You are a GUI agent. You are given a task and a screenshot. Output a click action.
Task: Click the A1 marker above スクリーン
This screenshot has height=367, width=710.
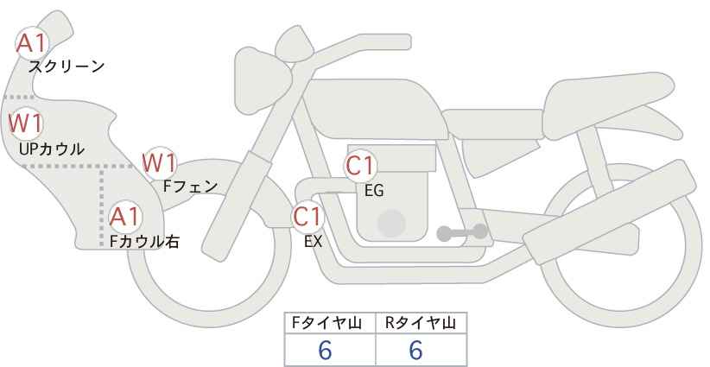coord(32,44)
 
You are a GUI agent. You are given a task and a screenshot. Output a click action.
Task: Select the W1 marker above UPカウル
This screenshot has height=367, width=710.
coord(26,123)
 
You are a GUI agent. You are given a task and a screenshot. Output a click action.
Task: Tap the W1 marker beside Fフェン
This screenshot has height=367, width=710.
coord(159,163)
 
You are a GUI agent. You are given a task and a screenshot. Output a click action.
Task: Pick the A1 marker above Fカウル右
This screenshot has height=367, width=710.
coord(125,218)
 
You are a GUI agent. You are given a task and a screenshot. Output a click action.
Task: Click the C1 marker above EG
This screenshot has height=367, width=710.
coord(360,166)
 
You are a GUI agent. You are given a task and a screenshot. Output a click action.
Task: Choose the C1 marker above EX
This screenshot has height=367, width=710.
coord(307,217)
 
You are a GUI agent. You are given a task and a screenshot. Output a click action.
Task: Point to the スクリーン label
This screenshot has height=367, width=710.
coord(67,67)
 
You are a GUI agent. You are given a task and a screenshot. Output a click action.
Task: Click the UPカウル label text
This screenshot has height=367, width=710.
coord(52,149)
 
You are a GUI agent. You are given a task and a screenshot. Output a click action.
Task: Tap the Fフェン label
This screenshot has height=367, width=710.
coord(190,187)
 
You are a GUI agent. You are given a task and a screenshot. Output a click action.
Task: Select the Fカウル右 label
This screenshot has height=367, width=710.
coord(144,241)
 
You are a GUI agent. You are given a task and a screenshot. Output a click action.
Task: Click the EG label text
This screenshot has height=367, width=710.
coord(374,191)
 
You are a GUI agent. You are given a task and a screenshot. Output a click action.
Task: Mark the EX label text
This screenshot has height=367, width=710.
coord(313,242)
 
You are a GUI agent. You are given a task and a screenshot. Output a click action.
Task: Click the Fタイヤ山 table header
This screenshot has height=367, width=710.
coord(326,323)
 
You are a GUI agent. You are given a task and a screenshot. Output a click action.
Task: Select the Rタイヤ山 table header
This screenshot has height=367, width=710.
coord(421,323)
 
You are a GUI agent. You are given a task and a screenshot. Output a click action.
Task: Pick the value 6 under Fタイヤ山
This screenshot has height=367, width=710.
coord(325,350)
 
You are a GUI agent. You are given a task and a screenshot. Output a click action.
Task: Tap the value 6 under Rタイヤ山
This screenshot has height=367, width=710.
coord(415,350)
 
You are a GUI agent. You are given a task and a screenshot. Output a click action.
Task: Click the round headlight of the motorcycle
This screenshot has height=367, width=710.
coord(263,80)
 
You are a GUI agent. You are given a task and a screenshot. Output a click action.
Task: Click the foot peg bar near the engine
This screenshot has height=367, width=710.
coord(462,232)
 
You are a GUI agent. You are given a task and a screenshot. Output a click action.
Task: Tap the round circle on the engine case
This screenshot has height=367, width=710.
coord(391,223)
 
